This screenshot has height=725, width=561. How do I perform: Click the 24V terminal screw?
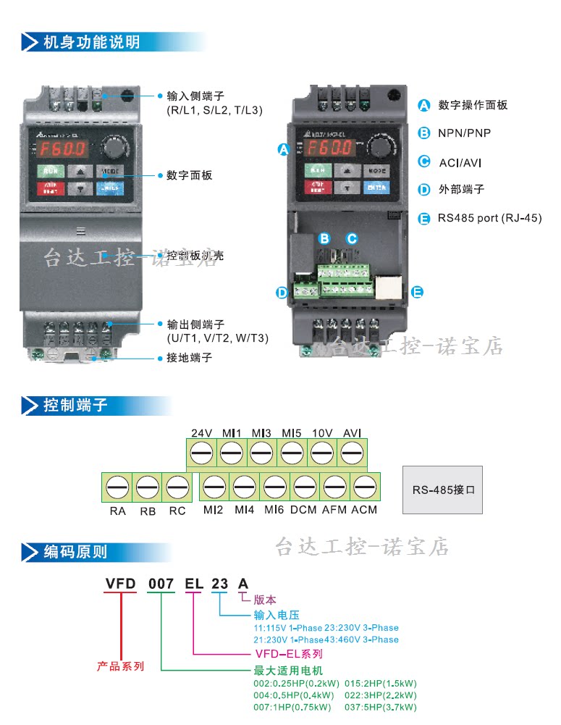[x=201, y=455]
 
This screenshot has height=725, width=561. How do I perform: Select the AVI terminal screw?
[x=352, y=455]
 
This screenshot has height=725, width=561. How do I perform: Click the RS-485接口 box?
[x=442, y=490]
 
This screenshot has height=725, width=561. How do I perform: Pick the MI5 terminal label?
[x=292, y=433]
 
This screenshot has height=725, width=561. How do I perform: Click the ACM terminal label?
[x=364, y=511]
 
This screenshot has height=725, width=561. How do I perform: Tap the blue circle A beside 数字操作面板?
[x=424, y=105]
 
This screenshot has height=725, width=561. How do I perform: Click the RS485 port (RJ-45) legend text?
[x=489, y=217]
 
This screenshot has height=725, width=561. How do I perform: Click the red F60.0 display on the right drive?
[x=329, y=148]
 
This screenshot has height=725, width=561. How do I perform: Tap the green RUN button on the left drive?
[x=51, y=172]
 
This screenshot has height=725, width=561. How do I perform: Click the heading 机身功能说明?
[x=91, y=41]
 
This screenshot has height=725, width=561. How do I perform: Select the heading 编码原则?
[x=75, y=552]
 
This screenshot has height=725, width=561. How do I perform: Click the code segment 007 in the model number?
[x=161, y=583]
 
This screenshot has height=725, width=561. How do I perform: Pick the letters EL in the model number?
[x=193, y=583]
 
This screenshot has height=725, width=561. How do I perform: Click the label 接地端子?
[x=190, y=358]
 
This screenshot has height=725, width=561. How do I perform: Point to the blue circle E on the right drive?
[x=417, y=293]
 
